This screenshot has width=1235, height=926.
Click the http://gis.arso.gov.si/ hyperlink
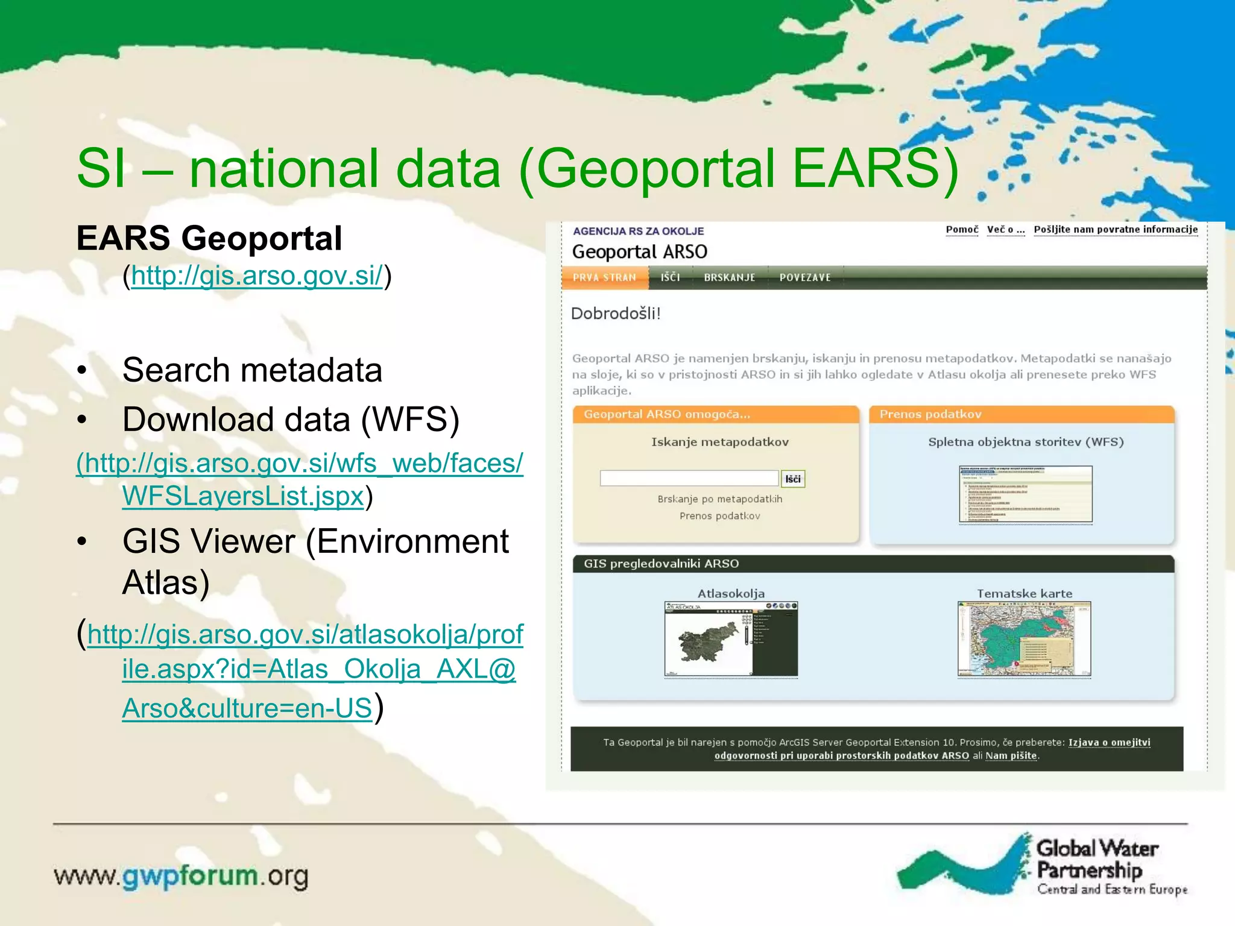pyautogui.click(x=256, y=276)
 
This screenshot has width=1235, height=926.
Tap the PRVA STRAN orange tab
pyautogui.click(x=604, y=277)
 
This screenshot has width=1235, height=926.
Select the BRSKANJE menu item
pyautogui.click(x=729, y=277)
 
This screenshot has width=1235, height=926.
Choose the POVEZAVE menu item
pyautogui.click(x=804, y=277)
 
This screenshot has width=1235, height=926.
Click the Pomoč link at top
pyautogui.click(x=962, y=230)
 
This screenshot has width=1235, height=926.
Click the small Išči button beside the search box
pyautogui.click(x=792, y=479)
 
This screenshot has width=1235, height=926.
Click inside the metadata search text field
pyautogui.click(x=689, y=478)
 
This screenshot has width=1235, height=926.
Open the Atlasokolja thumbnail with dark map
pyautogui.click(x=731, y=639)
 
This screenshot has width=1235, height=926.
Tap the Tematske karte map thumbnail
pyautogui.click(x=1024, y=639)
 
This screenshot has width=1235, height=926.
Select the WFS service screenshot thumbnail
pyautogui.click(x=1025, y=494)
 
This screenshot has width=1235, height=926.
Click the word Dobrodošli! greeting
pyautogui.click(x=616, y=313)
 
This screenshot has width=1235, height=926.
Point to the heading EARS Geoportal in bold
pyautogui.click(x=209, y=238)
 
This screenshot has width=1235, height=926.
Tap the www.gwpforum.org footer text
pyautogui.click(x=181, y=876)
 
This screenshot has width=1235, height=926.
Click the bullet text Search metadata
pyautogui.click(x=252, y=370)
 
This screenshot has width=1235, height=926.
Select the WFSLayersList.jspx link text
pyautogui.click(x=243, y=496)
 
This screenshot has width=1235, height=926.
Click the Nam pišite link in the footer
pyautogui.click(x=1011, y=756)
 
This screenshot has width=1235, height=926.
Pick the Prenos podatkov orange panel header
pyautogui.click(x=1021, y=414)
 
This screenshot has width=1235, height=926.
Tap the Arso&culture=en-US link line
pyautogui.click(x=247, y=708)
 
